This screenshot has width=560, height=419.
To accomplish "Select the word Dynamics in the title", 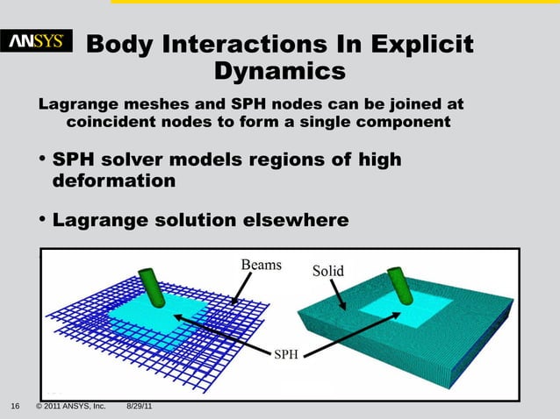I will [280, 71].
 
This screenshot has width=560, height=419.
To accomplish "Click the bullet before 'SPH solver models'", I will [42, 160].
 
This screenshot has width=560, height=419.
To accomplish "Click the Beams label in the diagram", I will [261, 266].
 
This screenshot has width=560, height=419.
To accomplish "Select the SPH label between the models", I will [287, 354].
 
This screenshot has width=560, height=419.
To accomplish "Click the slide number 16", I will [15, 407].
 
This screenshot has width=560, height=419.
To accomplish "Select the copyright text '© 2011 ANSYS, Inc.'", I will [70, 407].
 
